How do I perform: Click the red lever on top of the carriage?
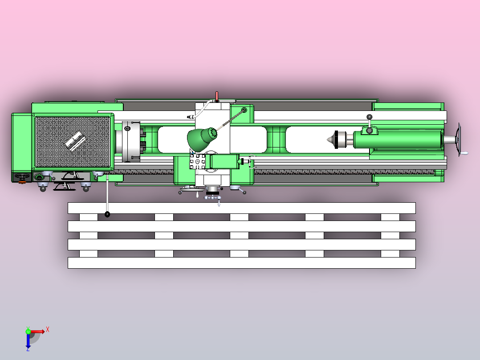[x=217, y=97]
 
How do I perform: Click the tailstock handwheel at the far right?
[x=459, y=140]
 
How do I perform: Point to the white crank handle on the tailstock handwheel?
[x=464, y=153]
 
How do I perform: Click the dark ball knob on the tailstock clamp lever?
[x=370, y=117]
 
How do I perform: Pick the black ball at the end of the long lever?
[x=107, y=214]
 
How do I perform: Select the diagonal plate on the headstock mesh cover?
[x=75, y=141]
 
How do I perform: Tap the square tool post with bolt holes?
[x=197, y=161]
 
